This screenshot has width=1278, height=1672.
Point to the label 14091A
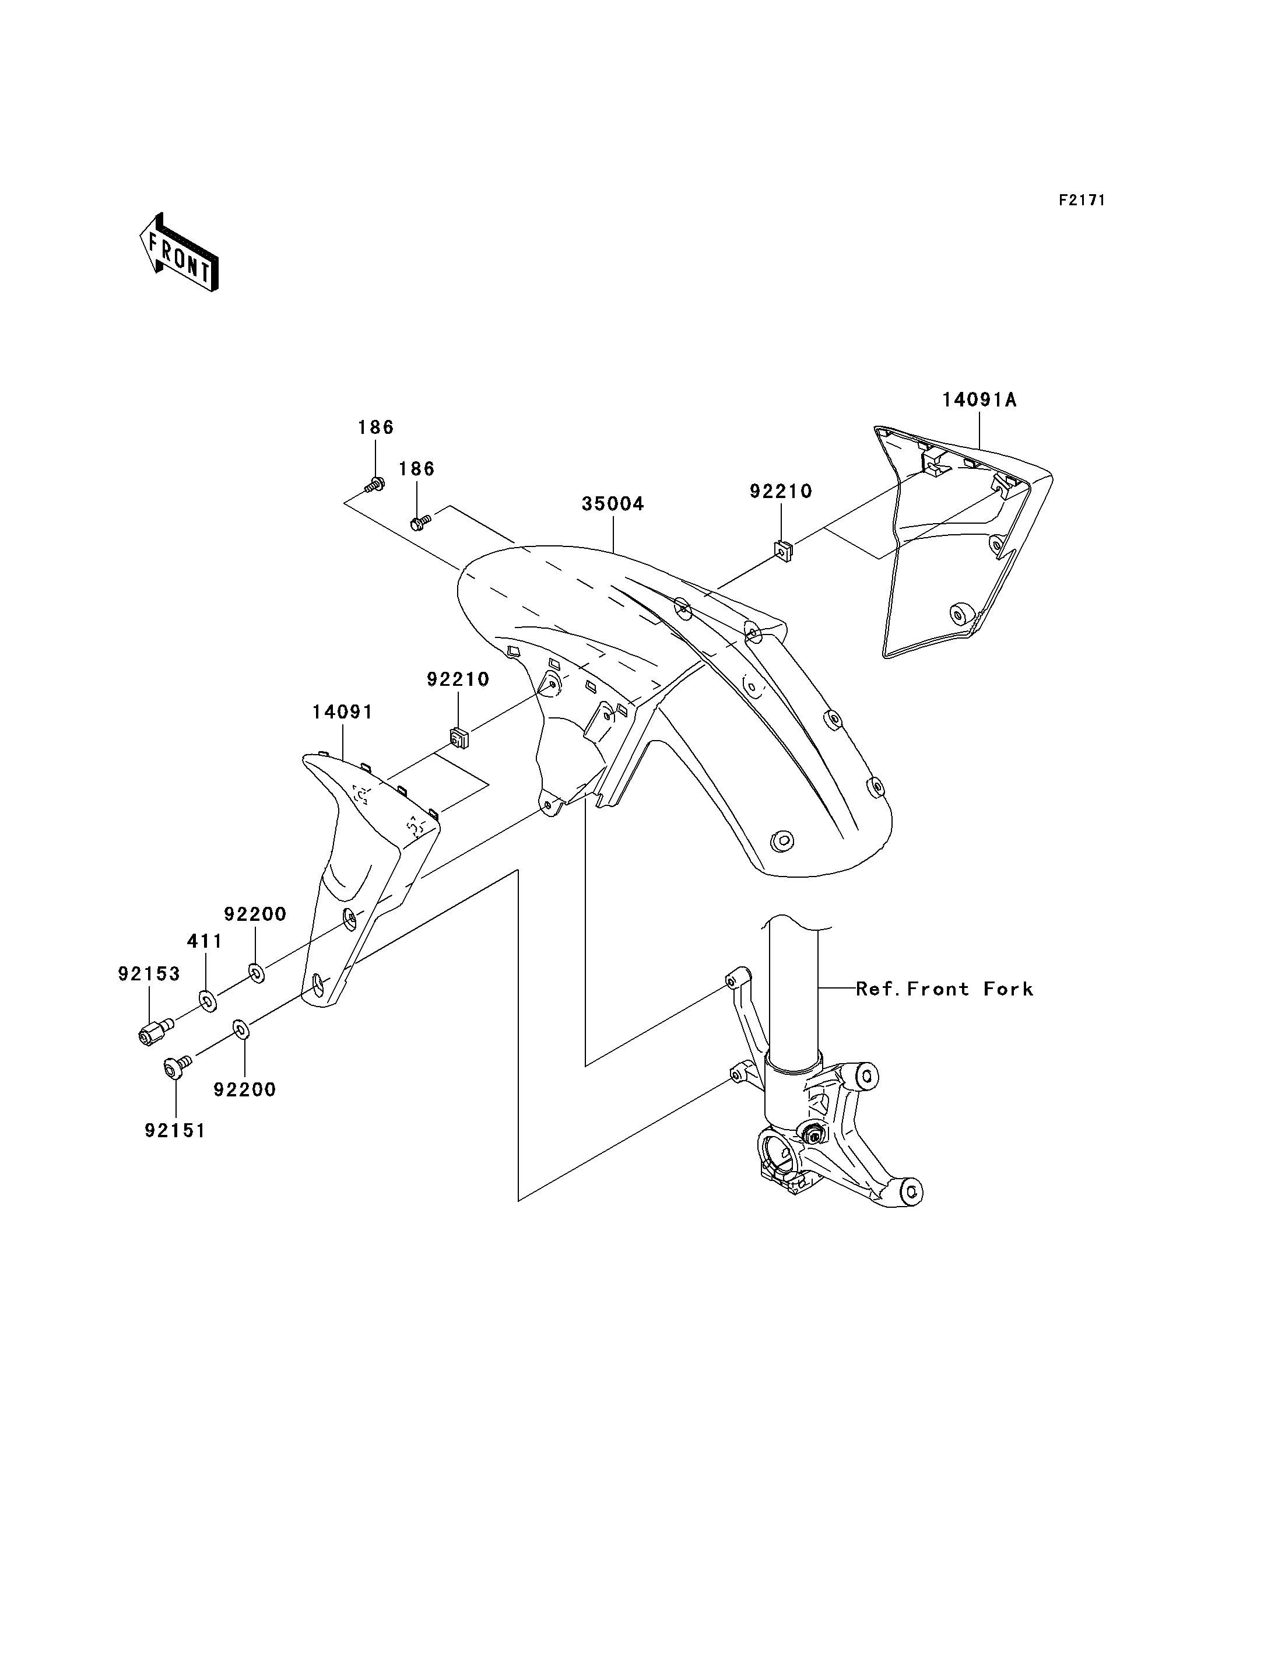pyautogui.click(x=979, y=399)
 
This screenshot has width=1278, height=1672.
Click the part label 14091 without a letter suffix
pyautogui.click(x=342, y=712)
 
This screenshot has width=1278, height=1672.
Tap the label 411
pyautogui.click(x=205, y=941)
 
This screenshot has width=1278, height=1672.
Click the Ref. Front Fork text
pyautogui.click(x=945, y=989)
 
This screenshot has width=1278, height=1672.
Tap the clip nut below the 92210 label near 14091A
pyautogui.click(x=783, y=549)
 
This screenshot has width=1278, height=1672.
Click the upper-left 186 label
pyautogui.click(x=376, y=427)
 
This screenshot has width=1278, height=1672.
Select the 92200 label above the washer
pyautogui.click(x=255, y=914)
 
